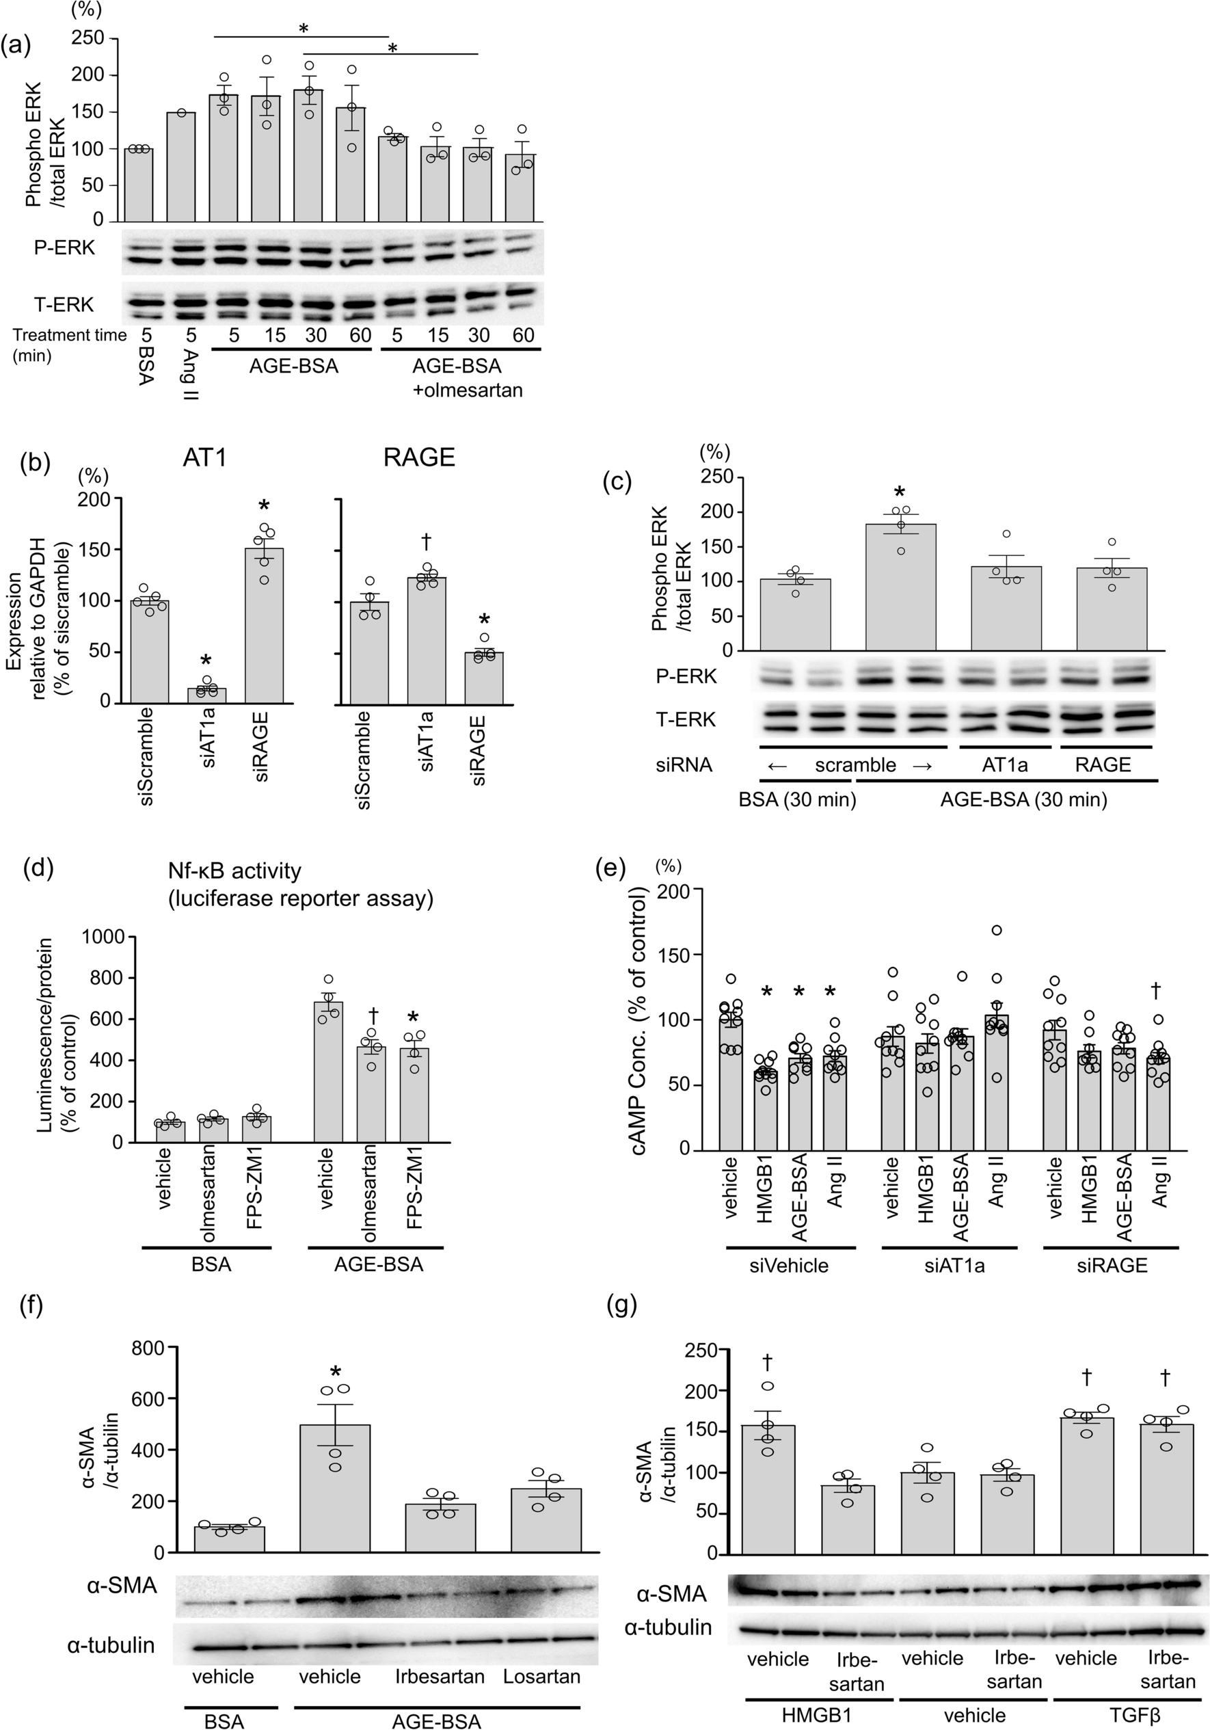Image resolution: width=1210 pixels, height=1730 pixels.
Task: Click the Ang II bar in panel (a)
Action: click(x=182, y=168)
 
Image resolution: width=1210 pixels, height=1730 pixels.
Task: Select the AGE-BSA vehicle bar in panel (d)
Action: click(x=326, y=1072)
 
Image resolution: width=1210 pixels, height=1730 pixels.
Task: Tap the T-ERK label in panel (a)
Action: click(x=64, y=304)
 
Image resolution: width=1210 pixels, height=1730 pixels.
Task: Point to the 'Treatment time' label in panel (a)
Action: click(x=70, y=335)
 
